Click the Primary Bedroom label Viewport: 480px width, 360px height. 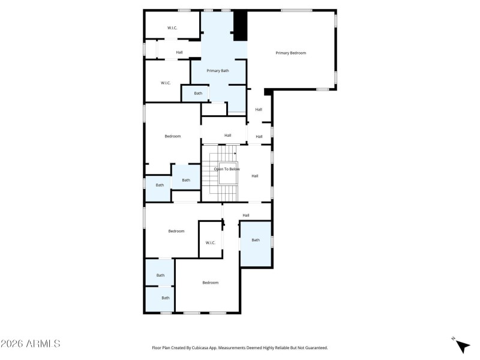pyautogui.click(x=290, y=53)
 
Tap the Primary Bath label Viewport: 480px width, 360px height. pyautogui.click(x=217, y=71)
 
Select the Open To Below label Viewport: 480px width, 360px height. pyautogui.click(x=227, y=169)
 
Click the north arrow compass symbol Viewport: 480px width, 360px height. pyautogui.click(x=462, y=346)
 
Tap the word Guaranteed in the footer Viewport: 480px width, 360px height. pyautogui.click(x=314, y=347)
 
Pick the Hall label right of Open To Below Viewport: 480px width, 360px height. pyautogui.click(x=254, y=176)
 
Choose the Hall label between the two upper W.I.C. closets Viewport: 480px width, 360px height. pyautogui.click(x=179, y=52)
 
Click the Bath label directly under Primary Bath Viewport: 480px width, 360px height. pyautogui.click(x=198, y=93)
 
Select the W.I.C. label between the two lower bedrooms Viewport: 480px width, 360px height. pyautogui.click(x=210, y=242)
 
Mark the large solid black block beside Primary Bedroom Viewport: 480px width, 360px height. pyautogui.click(x=240, y=25)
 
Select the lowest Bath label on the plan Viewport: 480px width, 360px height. pyautogui.click(x=165, y=298)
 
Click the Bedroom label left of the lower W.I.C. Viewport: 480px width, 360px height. pyautogui.click(x=176, y=231)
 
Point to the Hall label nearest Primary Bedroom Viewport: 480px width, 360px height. pyautogui.click(x=259, y=109)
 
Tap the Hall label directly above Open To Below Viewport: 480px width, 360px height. pyautogui.click(x=227, y=135)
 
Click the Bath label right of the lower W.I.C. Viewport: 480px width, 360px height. pyautogui.click(x=256, y=240)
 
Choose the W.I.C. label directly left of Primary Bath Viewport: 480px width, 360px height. pyautogui.click(x=166, y=83)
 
